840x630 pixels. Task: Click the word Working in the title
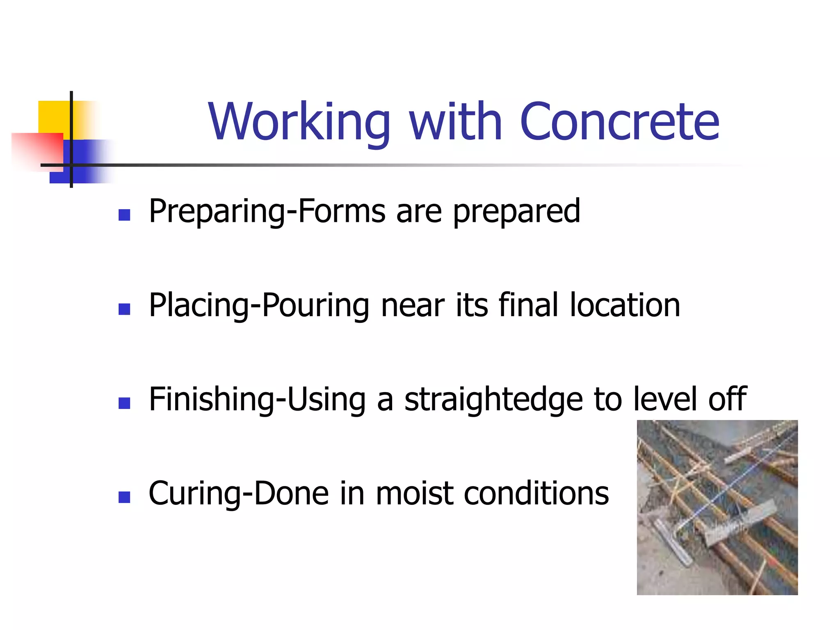299,122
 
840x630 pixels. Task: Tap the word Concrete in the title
619,122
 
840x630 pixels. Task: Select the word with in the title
455,122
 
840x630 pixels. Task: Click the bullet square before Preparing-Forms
124,215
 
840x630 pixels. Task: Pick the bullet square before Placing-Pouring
124,309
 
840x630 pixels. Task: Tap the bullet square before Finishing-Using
124,403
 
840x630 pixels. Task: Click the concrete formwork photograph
717,507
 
